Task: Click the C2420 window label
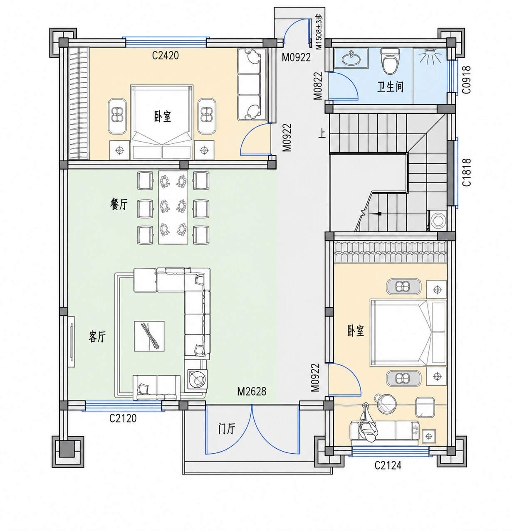(x=165, y=56)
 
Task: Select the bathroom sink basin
(x=351, y=58)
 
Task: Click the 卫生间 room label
(x=391, y=87)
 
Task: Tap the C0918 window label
(x=467, y=80)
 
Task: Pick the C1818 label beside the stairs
(x=467, y=172)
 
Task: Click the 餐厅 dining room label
(x=119, y=204)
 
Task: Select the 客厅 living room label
(x=97, y=337)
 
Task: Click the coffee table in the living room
(x=149, y=336)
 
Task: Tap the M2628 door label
(x=251, y=391)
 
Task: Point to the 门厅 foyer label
(x=227, y=428)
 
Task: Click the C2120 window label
(x=123, y=418)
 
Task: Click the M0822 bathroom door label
(x=318, y=86)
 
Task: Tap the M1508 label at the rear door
(x=319, y=32)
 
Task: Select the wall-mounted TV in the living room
(x=72, y=342)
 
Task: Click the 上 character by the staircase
(x=323, y=134)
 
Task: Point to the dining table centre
(x=173, y=207)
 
